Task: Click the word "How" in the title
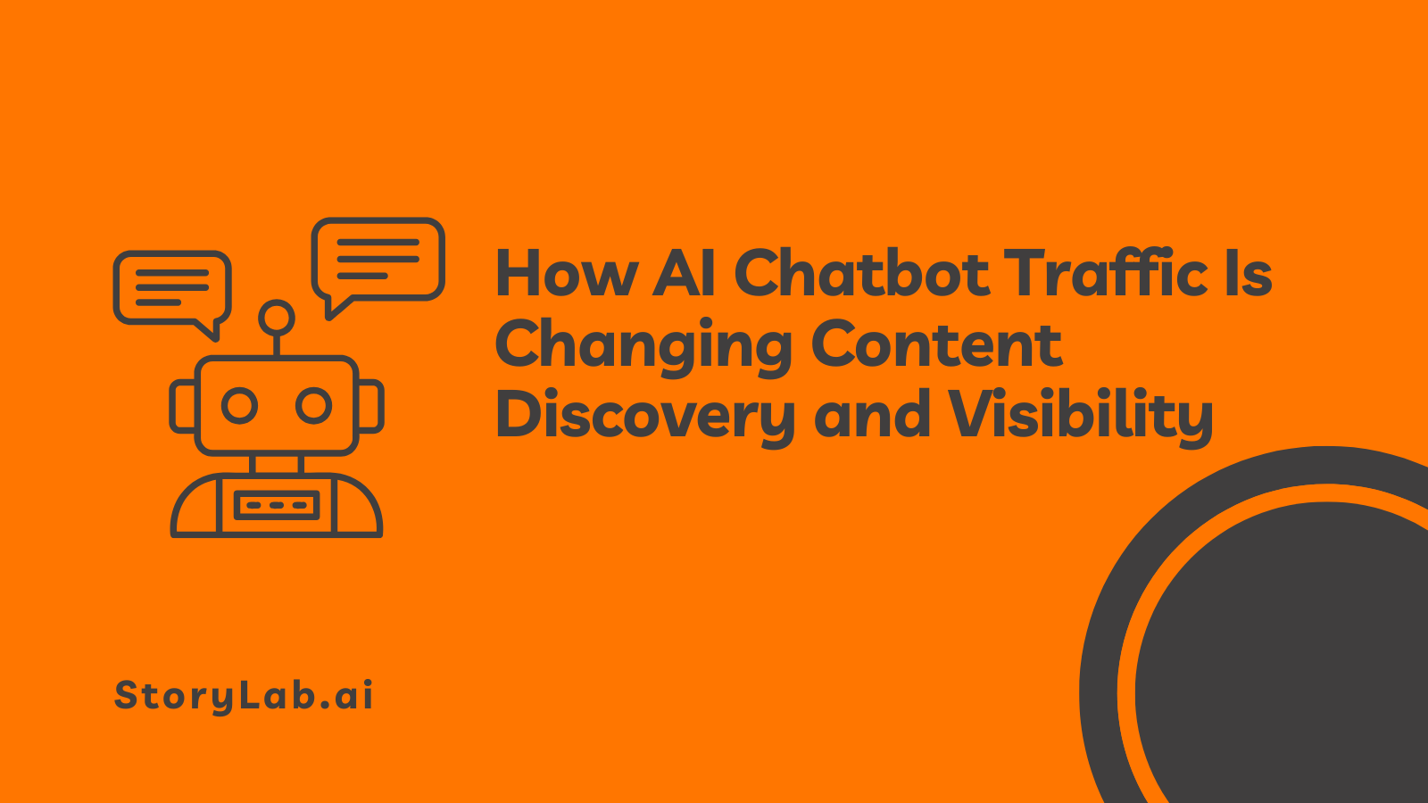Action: [566, 273]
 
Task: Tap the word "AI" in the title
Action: [685, 273]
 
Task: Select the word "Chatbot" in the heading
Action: [861, 273]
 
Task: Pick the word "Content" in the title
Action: [936, 344]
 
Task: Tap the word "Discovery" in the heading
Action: [644, 417]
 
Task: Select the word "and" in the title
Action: [872, 416]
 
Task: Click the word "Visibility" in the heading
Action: [1080, 417]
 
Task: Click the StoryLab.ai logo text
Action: [244, 696]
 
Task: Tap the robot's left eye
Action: [239, 406]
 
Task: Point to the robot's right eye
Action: [313, 406]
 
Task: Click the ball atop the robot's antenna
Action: [277, 318]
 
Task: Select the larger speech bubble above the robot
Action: [378, 260]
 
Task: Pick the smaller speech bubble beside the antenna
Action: [172, 288]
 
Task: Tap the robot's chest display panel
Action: [277, 505]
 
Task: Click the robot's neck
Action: [277, 464]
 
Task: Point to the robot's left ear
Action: [183, 407]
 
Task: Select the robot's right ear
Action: [371, 407]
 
